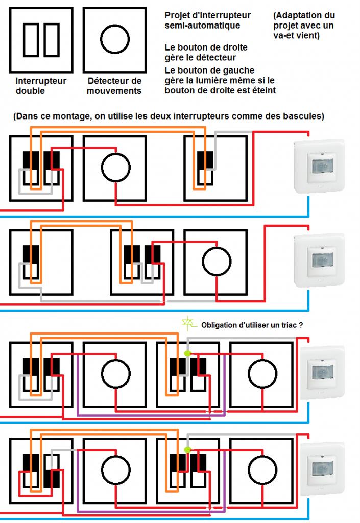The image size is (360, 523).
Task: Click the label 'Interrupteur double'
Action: tap(41, 86)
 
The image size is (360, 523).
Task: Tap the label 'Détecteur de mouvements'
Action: tap(114, 86)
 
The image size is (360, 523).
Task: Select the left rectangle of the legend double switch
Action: tap(30, 39)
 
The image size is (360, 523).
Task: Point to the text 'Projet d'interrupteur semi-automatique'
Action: tap(207, 20)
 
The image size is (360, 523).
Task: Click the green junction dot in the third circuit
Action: tap(187, 353)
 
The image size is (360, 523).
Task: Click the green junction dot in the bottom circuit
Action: tap(187, 449)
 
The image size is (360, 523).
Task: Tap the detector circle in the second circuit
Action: tap(217, 261)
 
